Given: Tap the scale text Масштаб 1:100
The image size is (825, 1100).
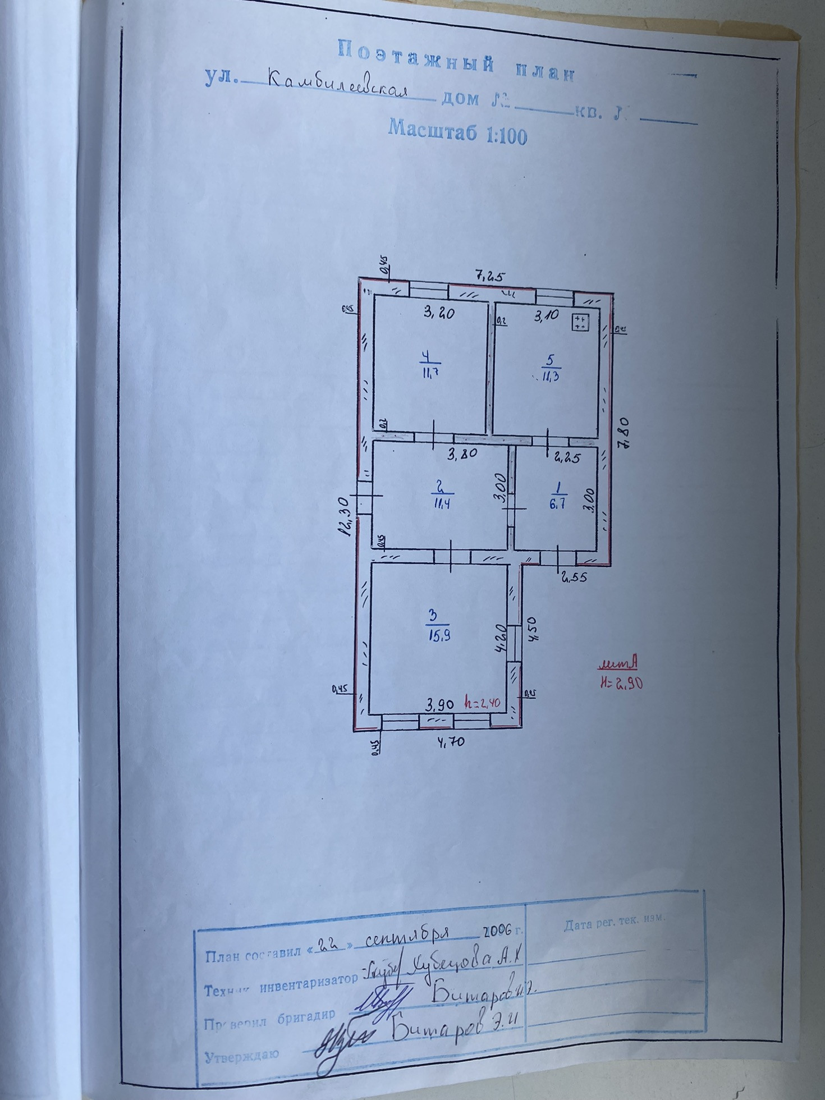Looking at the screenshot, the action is [x=457, y=132].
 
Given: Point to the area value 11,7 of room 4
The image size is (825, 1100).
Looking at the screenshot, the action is [x=430, y=372].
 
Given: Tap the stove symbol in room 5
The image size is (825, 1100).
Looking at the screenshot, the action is [x=580, y=322].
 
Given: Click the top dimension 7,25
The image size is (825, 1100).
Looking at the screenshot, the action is [x=491, y=276].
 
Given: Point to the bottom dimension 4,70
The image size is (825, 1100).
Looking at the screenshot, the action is [x=451, y=741].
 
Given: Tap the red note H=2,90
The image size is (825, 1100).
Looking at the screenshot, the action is [x=621, y=684].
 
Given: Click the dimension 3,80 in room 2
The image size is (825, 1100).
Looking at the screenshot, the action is [x=462, y=452].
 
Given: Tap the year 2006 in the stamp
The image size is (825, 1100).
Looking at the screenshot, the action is [x=497, y=932].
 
